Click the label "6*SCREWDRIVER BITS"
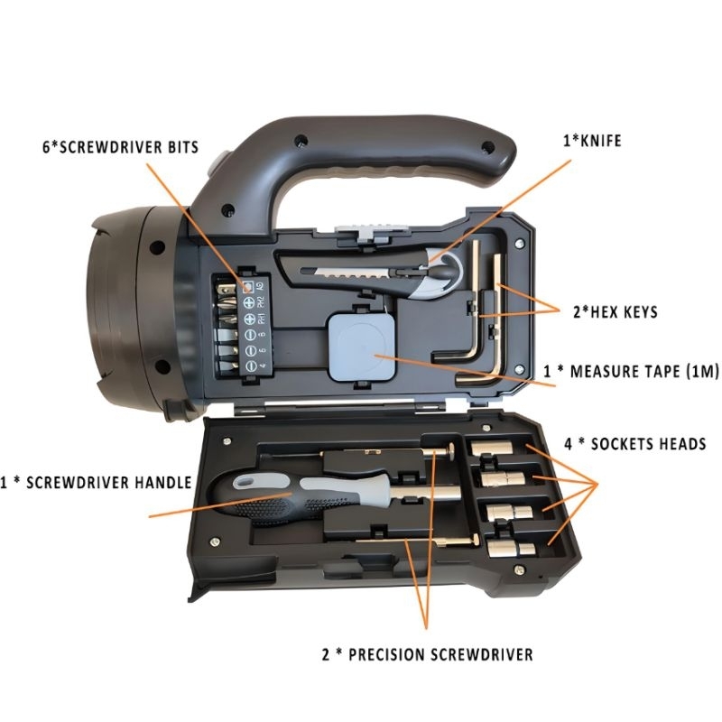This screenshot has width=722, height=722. tap(119, 145)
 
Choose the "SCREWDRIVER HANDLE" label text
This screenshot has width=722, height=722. tap(97, 482)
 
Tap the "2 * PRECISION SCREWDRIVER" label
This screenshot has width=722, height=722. tap(428, 653)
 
